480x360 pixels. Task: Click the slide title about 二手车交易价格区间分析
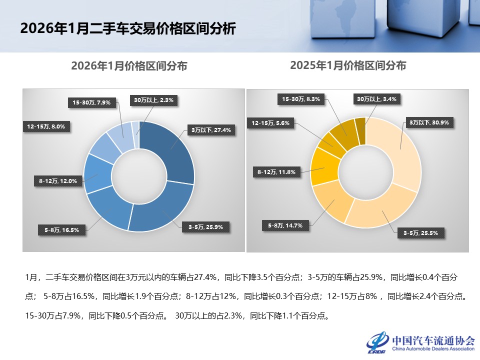[x=127, y=28]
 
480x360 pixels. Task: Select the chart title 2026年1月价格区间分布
[x=129, y=66]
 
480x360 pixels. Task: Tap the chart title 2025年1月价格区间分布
[x=348, y=65]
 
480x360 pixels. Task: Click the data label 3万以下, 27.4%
[x=210, y=130]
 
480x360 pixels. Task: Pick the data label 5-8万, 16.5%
[x=61, y=230]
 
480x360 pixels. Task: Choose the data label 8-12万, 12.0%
[x=58, y=181]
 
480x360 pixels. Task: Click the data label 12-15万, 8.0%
[x=46, y=126]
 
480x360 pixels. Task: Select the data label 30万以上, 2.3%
[x=153, y=100]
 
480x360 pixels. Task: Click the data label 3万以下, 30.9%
[x=428, y=122]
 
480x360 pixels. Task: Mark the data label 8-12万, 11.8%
[x=276, y=172]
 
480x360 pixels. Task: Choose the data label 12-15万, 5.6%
[x=270, y=122]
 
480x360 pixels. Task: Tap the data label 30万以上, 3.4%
[x=375, y=99]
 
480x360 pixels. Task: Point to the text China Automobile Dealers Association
[x=433, y=349]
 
